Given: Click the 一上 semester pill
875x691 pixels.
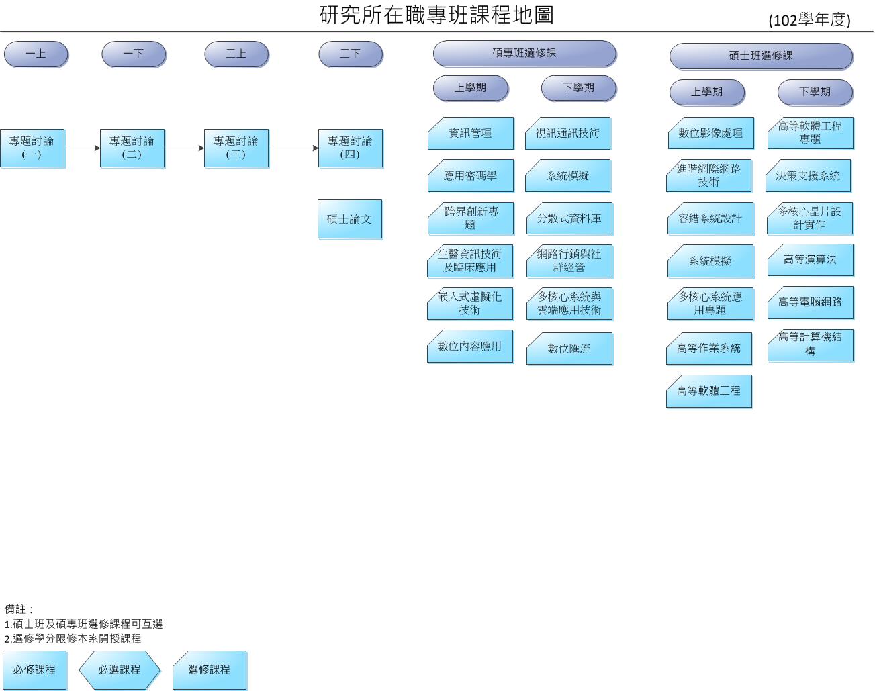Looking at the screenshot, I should click(x=36, y=54).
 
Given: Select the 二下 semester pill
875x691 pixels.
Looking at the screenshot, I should click(x=351, y=54).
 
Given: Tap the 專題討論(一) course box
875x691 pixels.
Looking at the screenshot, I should click(x=32, y=148).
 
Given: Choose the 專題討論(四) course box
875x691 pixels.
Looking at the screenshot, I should click(x=350, y=148).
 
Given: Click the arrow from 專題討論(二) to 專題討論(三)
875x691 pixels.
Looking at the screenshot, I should click(x=184, y=148).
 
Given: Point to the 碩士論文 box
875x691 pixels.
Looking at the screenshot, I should click(x=349, y=219).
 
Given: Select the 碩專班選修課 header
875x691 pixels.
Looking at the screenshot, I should click(x=524, y=54).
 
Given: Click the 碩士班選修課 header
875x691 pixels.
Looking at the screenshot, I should click(x=761, y=56).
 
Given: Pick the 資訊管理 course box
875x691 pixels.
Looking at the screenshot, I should click(x=470, y=134).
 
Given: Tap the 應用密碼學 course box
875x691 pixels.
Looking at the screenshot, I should click(x=470, y=176).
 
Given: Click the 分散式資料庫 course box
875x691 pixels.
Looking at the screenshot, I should click(x=569, y=219).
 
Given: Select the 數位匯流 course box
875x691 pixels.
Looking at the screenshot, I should click(x=569, y=349).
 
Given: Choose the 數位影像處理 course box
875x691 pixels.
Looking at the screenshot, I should click(x=710, y=134).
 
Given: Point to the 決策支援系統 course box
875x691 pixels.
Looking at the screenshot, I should click(x=808, y=176).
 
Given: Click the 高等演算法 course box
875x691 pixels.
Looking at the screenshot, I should click(x=810, y=260).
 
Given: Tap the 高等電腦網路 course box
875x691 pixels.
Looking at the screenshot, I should click(x=810, y=302).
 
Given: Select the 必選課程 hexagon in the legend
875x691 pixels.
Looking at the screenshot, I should click(x=120, y=670).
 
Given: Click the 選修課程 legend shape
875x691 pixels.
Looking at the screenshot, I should click(x=209, y=670).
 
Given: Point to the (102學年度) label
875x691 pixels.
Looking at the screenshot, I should click(x=809, y=20).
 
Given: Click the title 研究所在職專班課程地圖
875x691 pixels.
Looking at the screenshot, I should click(x=436, y=15).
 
